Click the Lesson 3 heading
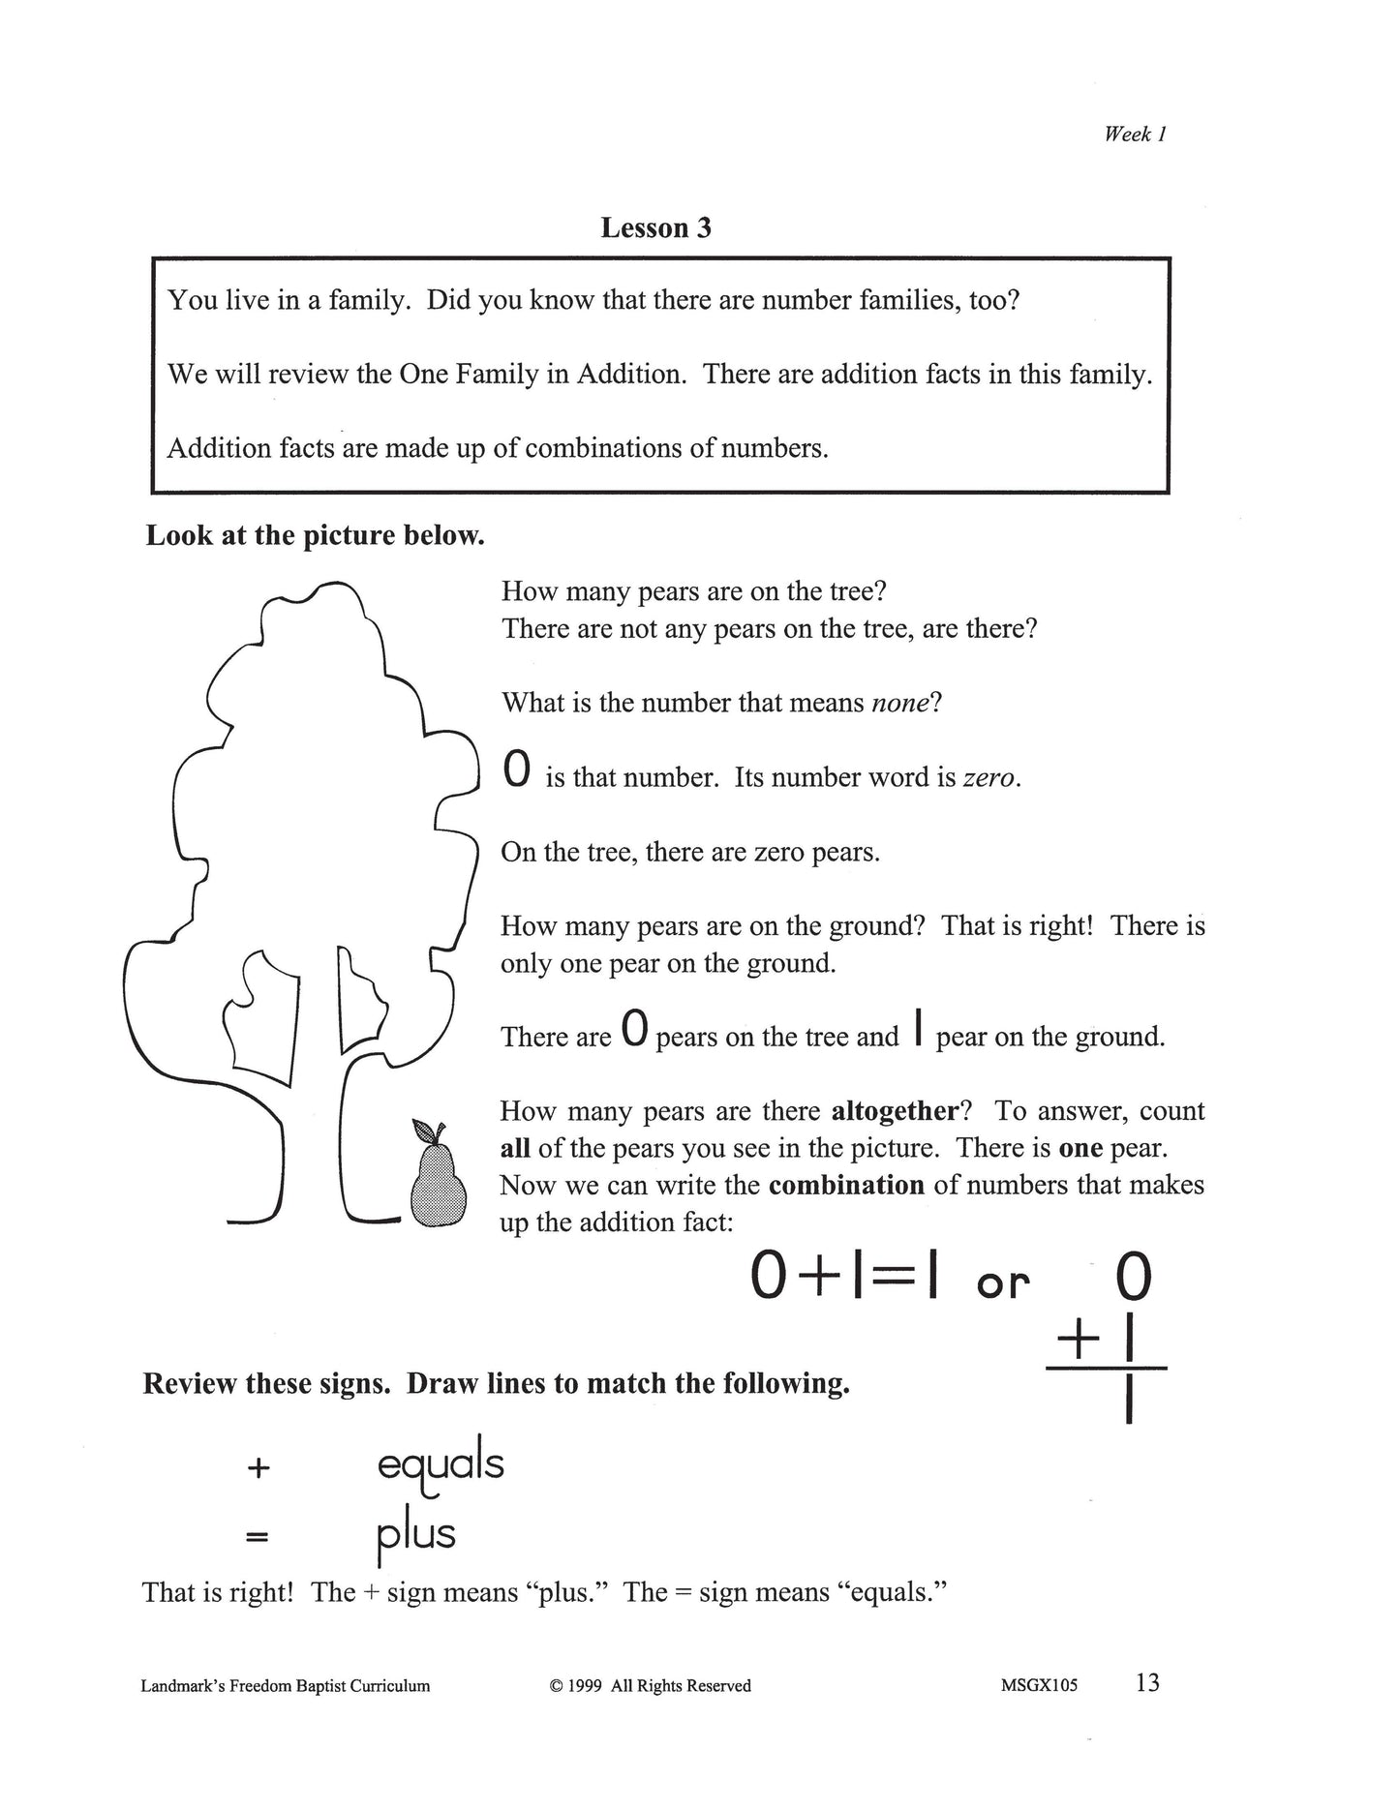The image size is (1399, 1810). pyautogui.click(x=655, y=227)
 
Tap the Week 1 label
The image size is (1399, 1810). pyautogui.click(x=1135, y=135)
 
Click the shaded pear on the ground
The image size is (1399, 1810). pyautogui.click(x=438, y=1187)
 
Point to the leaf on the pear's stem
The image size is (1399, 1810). pyautogui.click(x=424, y=1130)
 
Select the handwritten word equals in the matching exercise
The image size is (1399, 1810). pyautogui.click(x=441, y=1465)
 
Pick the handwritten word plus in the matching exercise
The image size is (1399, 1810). pyautogui.click(x=415, y=1535)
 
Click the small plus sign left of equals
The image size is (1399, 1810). pyautogui.click(x=257, y=1467)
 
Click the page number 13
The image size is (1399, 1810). pyautogui.click(x=1147, y=1683)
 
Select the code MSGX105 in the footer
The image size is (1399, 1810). pyautogui.click(x=1040, y=1685)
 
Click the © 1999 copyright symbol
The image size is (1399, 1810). pyautogui.click(x=557, y=1686)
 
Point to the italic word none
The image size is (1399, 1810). pyautogui.click(x=900, y=703)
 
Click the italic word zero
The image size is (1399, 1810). pyautogui.click(x=988, y=778)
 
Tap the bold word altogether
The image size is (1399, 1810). pyautogui.click(x=895, y=1110)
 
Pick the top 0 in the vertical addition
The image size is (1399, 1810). pyautogui.click(x=1133, y=1279)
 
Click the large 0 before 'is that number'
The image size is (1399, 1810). pyautogui.click(x=517, y=770)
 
